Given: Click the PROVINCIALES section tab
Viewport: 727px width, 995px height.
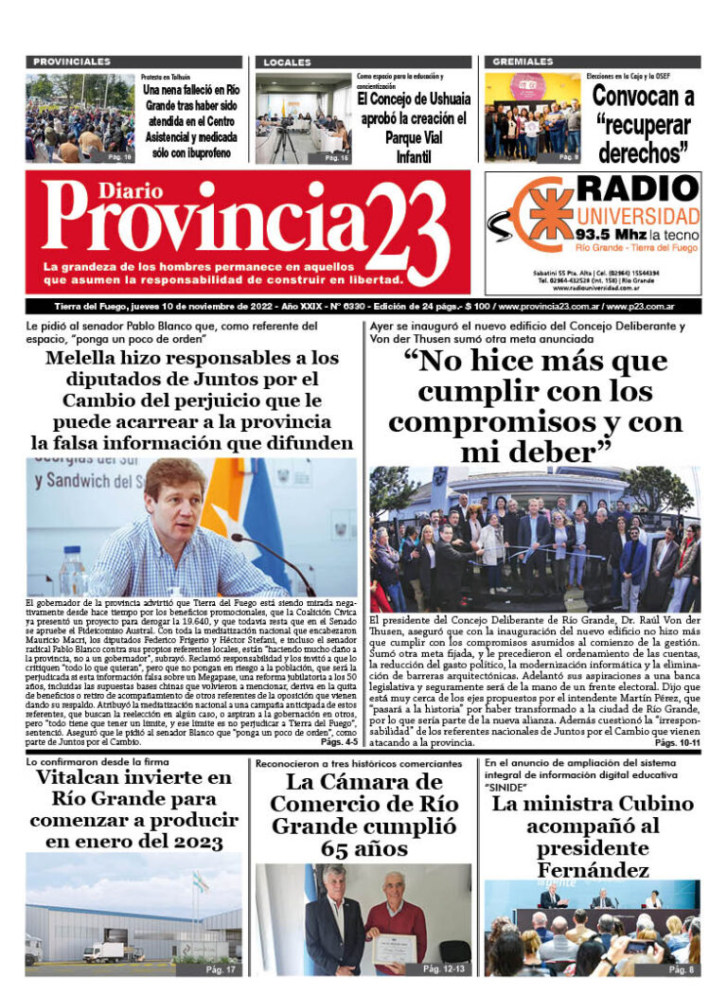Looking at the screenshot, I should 72,62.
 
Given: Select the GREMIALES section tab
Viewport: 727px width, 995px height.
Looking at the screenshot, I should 522,62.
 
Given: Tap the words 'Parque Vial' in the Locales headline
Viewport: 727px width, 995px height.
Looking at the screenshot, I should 413,138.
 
